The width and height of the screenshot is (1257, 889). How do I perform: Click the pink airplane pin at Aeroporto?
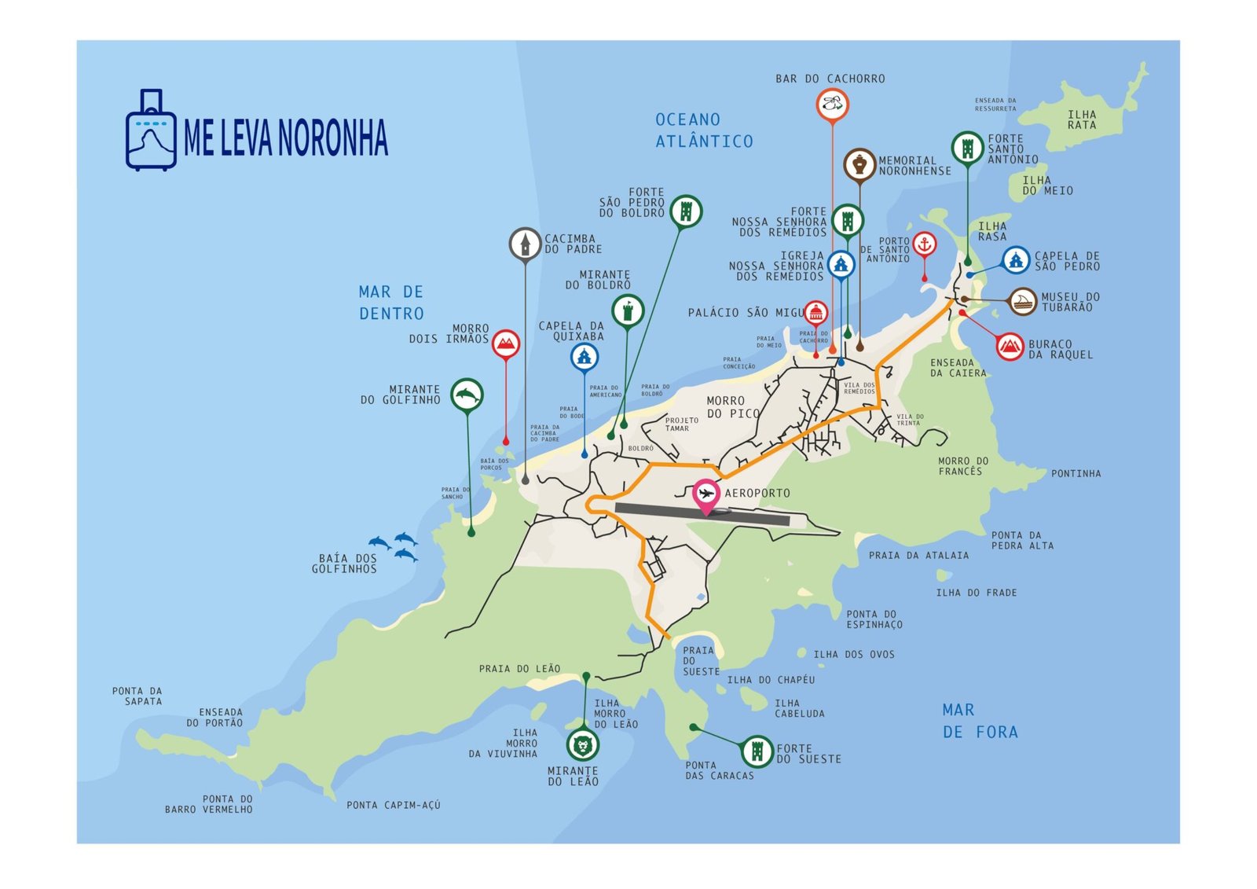706,494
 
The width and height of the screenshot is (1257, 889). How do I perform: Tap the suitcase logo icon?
151,131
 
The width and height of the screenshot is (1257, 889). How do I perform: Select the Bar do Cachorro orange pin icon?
833,104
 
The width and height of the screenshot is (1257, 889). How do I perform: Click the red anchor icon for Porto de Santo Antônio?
925,244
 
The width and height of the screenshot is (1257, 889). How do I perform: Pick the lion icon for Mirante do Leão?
583,744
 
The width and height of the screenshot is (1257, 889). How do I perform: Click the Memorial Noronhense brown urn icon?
859,165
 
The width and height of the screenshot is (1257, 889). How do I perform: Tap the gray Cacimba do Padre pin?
525,244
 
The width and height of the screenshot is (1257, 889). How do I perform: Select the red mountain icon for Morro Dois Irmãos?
506,343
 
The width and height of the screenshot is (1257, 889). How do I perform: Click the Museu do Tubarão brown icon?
1023,301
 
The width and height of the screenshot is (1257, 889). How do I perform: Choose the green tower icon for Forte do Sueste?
757,751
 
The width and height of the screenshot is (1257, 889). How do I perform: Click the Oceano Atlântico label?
704,130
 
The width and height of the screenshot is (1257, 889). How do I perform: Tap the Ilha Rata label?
1082,119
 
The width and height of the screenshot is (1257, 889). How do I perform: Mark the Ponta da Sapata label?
137,696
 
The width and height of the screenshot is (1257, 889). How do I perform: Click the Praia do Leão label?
520,669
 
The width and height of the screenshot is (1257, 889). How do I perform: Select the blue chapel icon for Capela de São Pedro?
1016,260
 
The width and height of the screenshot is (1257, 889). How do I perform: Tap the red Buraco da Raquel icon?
1010,346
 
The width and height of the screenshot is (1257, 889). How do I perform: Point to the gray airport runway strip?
754,516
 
